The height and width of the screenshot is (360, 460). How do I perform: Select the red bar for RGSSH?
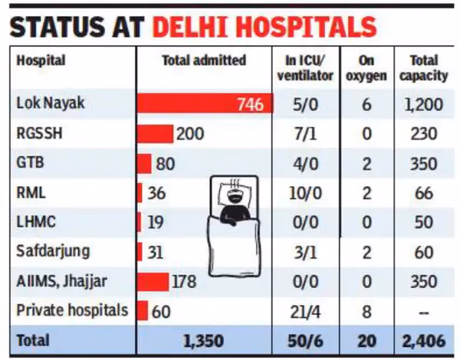click(x=155, y=134)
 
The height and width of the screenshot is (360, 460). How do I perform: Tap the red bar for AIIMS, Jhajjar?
click(x=153, y=281)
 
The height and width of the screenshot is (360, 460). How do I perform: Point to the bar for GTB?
click(x=144, y=163)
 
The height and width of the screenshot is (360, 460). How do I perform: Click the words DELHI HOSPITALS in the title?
click(x=264, y=26)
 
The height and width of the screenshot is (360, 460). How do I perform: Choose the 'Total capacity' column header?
click(x=423, y=67)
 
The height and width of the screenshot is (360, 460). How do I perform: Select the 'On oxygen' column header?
click(x=366, y=67)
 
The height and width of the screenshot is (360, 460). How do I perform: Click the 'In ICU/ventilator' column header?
click(x=304, y=67)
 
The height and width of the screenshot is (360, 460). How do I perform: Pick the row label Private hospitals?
click(x=72, y=310)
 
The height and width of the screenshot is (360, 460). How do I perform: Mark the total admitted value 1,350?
click(x=204, y=340)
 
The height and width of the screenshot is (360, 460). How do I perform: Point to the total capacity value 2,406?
click(x=423, y=340)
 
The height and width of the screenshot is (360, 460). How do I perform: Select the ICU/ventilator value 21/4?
click(x=304, y=310)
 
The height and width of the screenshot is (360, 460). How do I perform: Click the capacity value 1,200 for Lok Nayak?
click(x=423, y=104)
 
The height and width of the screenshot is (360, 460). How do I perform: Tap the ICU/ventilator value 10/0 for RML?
click(x=304, y=193)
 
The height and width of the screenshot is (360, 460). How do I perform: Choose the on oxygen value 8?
click(x=366, y=310)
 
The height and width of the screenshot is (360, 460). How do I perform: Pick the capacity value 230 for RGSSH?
click(x=423, y=134)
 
